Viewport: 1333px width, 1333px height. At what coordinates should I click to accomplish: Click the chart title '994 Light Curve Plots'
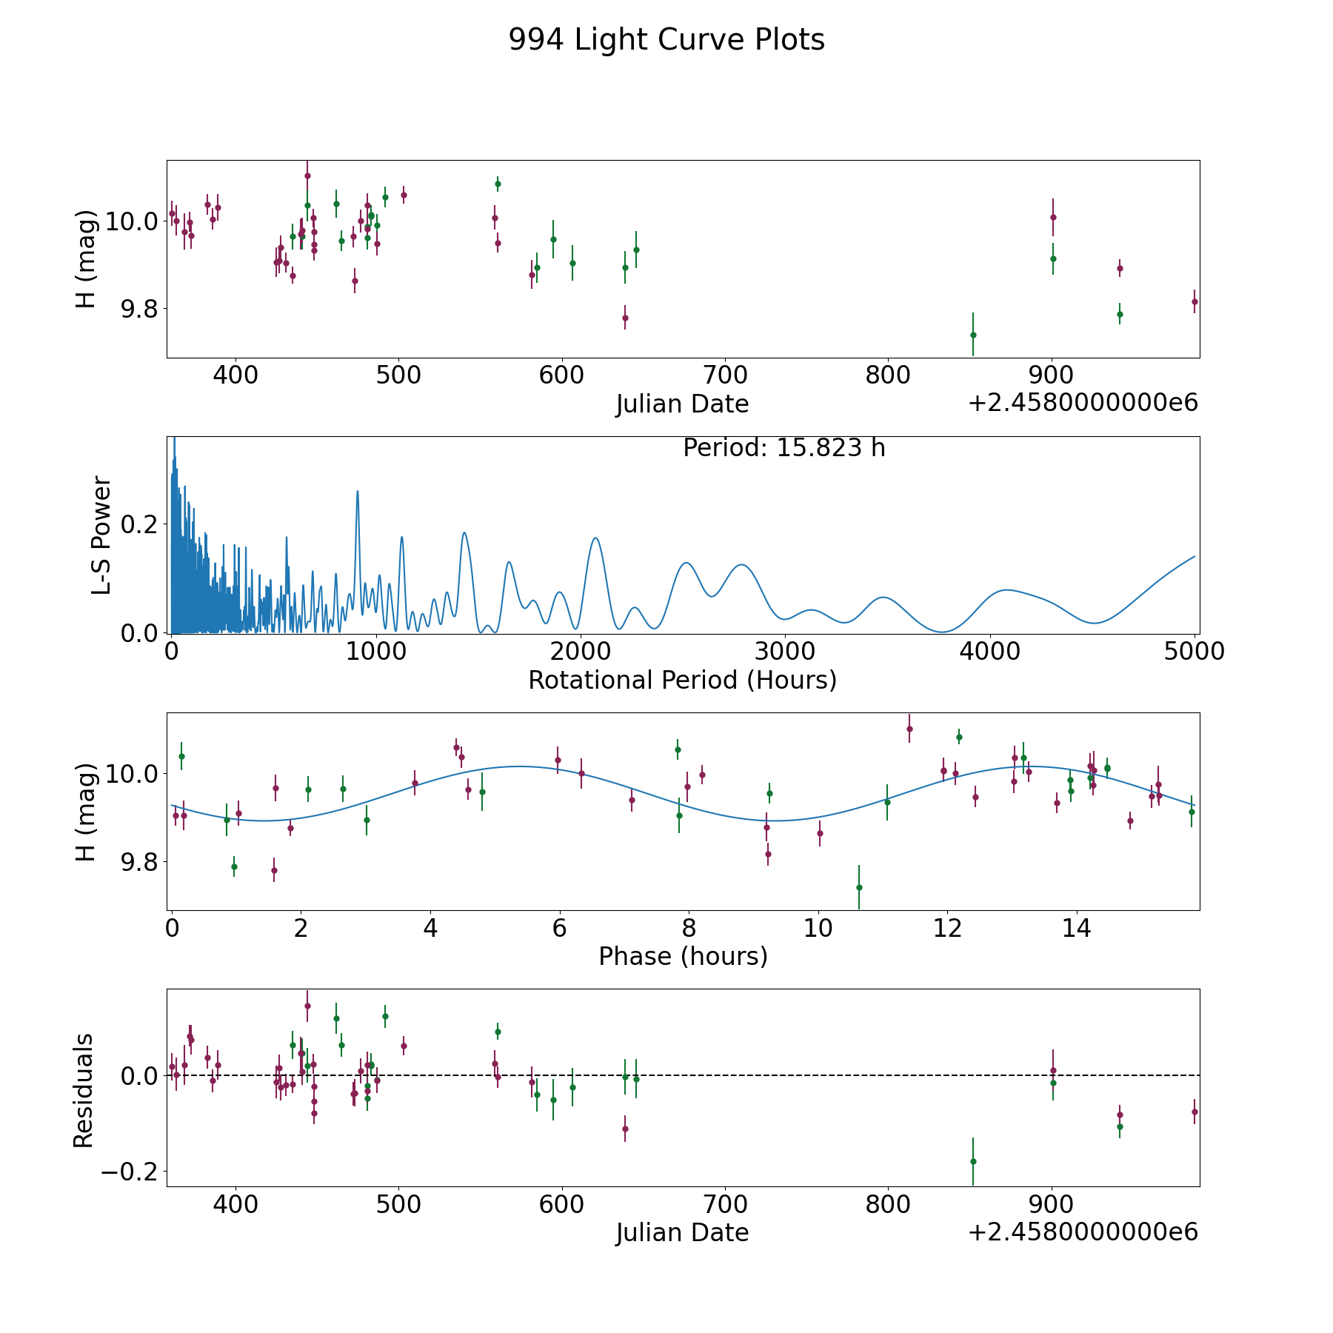click(x=666, y=40)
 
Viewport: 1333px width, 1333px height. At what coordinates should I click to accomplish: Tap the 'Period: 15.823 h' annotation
click(x=784, y=448)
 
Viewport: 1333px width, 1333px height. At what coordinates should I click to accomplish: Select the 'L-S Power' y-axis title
click(x=102, y=535)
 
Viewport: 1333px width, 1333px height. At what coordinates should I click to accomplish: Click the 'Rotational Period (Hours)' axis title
click(x=683, y=680)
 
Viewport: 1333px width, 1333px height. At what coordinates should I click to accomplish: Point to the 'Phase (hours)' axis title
click(x=683, y=956)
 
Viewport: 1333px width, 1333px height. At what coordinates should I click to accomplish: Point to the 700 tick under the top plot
click(x=724, y=375)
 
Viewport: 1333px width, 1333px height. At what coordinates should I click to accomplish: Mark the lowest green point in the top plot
click(x=973, y=335)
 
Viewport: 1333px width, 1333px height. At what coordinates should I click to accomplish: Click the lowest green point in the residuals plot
click(x=973, y=1161)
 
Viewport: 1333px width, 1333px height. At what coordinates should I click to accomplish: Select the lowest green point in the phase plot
click(x=859, y=887)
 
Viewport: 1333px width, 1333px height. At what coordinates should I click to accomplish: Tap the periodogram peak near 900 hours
click(x=358, y=491)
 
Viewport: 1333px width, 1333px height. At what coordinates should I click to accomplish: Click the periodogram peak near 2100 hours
click(x=595, y=538)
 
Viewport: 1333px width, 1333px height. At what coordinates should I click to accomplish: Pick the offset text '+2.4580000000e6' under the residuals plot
click(x=1083, y=1232)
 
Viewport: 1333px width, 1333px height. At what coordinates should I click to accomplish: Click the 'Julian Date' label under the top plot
click(x=683, y=404)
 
